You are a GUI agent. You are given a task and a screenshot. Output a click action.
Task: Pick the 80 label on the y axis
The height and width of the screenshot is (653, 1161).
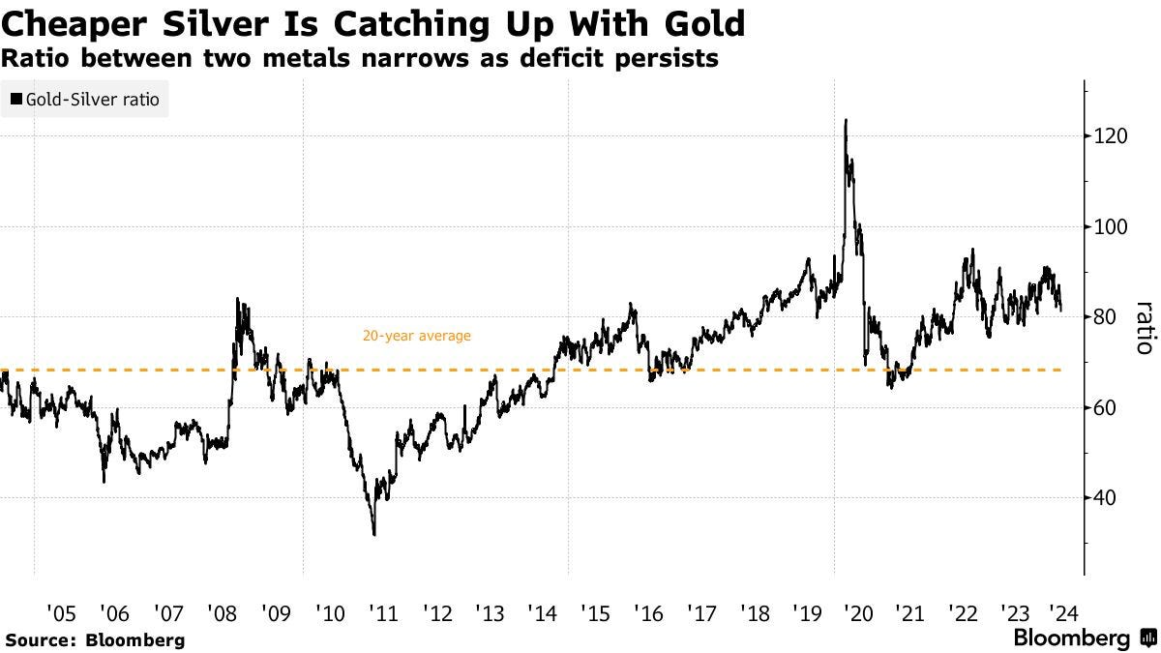coord(1106,317)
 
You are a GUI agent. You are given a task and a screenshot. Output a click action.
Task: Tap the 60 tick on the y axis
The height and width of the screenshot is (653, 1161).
coord(1106,408)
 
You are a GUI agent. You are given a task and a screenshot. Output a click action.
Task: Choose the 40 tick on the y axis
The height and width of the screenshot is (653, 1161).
coord(1106,498)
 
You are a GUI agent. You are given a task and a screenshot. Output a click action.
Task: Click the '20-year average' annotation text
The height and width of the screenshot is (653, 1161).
coord(416,337)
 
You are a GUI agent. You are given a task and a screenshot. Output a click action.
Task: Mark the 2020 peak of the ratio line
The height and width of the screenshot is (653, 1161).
coord(846,121)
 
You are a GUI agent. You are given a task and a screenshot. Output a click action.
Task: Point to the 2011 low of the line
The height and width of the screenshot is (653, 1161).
coord(373,534)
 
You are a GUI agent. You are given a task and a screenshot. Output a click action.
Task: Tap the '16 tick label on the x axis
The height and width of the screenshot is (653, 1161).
coord(648,612)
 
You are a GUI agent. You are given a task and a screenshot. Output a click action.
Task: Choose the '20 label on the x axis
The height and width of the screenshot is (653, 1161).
coord(857,612)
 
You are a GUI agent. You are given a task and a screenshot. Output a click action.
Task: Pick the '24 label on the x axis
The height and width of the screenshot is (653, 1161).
coord(1062,612)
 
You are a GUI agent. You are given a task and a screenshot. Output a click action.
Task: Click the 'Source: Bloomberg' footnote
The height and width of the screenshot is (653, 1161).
coord(94,639)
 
